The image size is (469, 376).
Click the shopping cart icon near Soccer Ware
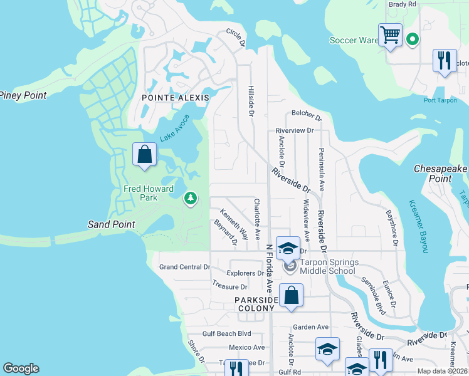(x=390, y=34)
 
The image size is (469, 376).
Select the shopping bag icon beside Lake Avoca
(x=145, y=154)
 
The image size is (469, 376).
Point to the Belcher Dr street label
(x=306, y=116)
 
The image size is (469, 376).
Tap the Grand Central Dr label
(x=184, y=267)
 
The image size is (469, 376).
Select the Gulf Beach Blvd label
(x=226, y=334)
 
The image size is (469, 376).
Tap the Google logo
(x=21, y=368)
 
